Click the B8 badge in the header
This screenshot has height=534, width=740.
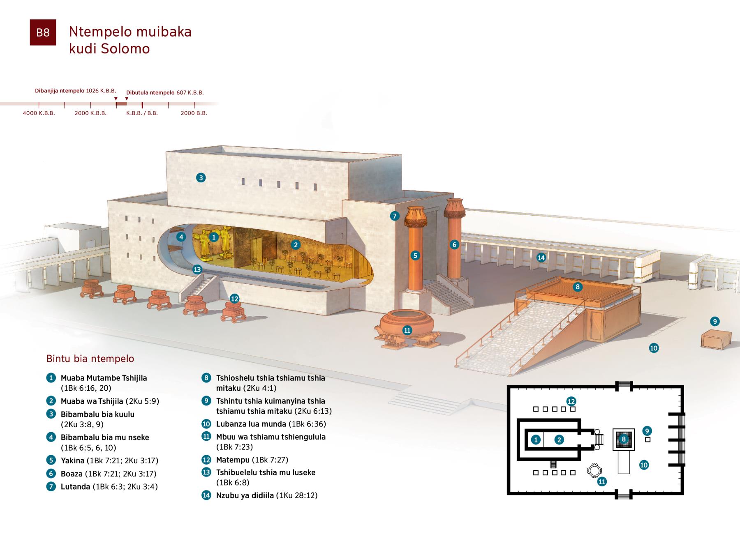tap(43, 32)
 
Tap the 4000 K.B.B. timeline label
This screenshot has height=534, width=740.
tap(39, 113)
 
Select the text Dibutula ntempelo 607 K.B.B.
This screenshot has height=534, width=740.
tap(165, 92)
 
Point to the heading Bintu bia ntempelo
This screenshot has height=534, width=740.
tap(90, 359)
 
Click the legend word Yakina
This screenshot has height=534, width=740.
tap(72, 460)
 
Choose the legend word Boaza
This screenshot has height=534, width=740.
tap(72, 474)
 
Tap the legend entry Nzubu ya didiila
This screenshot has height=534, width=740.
tap(245, 495)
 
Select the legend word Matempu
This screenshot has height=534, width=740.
tap(233, 460)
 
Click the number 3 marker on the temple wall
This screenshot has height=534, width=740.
tap(201, 178)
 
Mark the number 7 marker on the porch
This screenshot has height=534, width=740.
tap(395, 216)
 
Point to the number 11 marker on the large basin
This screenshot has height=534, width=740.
tap(407, 330)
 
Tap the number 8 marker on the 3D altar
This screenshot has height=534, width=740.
tap(578, 287)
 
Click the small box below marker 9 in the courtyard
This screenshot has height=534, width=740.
tap(716, 339)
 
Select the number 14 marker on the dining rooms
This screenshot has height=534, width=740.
tap(541, 258)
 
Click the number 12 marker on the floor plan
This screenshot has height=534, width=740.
tap(571, 401)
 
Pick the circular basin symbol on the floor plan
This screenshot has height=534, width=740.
tap(593, 471)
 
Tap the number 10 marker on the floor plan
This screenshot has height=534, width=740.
tap(644, 465)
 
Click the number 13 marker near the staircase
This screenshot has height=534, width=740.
tap(197, 269)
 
